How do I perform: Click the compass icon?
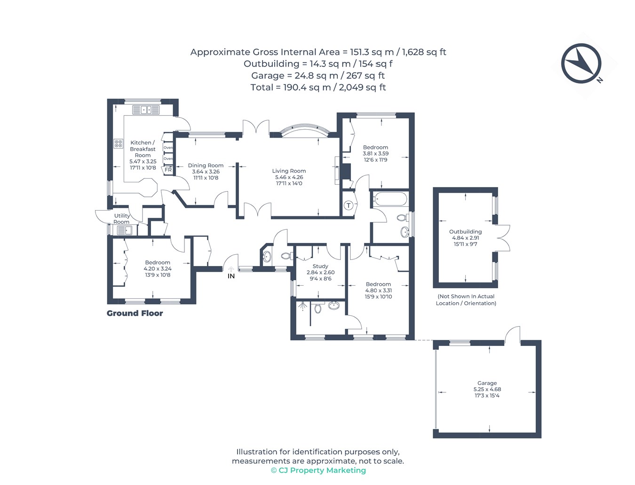tap(581, 64)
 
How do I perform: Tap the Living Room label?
tap(289, 171)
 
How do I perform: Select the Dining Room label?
tap(206, 165)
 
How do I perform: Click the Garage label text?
tap(487, 383)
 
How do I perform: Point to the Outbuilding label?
tap(465, 232)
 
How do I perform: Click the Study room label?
tap(320, 266)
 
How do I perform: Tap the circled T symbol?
tap(349, 205)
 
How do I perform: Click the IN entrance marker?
tap(231, 276)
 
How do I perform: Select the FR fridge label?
tap(168, 170)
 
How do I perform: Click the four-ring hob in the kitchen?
tap(119, 143)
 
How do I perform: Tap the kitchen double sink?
tap(146, 110)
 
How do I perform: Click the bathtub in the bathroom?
tap(390, 199)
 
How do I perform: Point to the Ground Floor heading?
tap(135, 313)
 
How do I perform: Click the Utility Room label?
tap(122, 219)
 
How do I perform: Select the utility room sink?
tap(124, 231)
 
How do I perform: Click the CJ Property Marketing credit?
tap(318, 470)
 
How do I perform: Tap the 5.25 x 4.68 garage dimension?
tap(487, 389)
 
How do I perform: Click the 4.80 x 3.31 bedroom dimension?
tap(378, 290)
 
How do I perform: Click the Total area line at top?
tap(318, 87)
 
